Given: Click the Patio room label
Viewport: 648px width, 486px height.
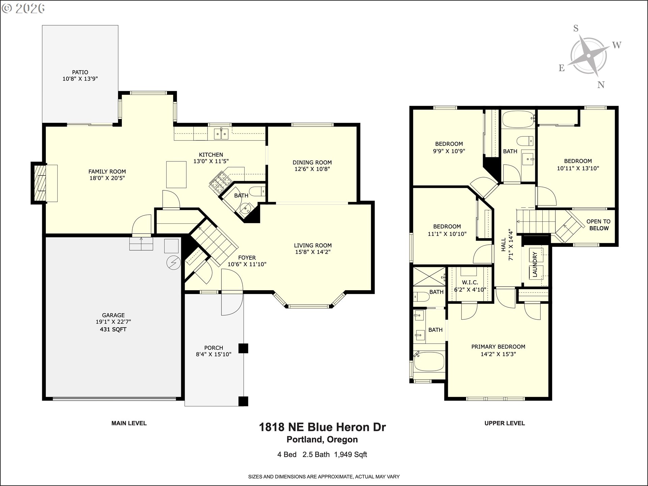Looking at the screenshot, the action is pos(80,72).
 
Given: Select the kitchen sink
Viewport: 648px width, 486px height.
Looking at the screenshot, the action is pos(221,134).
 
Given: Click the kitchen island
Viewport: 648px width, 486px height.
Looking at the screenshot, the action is pos(176,174).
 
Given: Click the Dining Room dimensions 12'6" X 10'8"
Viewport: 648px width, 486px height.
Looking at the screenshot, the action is pos(312,169).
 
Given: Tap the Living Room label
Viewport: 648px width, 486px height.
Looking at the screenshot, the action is pos(313,245).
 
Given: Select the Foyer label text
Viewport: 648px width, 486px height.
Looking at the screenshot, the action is pos(247,258).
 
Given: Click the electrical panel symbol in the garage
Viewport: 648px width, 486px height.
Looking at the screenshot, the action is pos(173,263).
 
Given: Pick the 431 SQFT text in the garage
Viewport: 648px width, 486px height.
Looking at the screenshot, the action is pos(113,329).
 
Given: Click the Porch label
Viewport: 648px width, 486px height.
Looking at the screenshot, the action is pos(214,348).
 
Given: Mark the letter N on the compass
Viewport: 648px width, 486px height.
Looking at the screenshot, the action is pos(601,85).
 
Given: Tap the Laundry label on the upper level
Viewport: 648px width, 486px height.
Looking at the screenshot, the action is pos(535,265).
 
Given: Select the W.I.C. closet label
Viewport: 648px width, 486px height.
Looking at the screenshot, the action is pos(470,282).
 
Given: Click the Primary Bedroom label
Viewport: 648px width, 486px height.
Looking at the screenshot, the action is pos(498,347).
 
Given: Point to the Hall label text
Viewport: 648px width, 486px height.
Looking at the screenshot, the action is pos(504,244).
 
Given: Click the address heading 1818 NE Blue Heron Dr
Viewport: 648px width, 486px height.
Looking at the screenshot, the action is pos(322,427).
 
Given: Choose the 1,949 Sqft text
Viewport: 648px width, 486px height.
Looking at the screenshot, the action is pos(350,455).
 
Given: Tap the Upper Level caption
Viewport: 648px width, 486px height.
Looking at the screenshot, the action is pos(505,423).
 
